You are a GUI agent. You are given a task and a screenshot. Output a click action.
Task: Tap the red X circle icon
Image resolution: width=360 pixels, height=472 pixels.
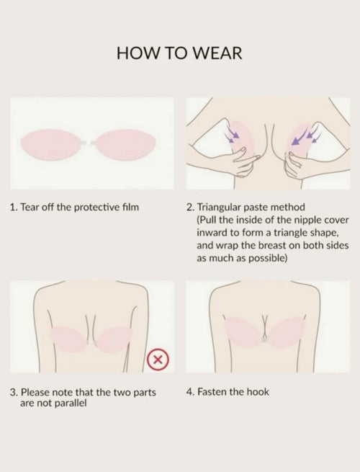pyautogui.click(x=158, y=359)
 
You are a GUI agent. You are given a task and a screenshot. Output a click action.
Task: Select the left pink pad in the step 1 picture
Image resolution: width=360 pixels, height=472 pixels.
pyautogui.click(x=51, y=145)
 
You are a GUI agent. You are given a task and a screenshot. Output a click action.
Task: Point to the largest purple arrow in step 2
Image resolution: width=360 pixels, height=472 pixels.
pyautogui.click(x=299, y=137)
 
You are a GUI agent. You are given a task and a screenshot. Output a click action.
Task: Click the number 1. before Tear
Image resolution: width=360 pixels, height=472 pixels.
pyautogui.click(x=13, y=208)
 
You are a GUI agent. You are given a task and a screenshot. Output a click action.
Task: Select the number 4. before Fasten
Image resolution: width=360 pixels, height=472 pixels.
pyautogui.click(x=190, y=392)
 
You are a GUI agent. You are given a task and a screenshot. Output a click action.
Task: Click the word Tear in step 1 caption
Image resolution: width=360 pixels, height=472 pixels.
pyautogui.click(x=30, y=208)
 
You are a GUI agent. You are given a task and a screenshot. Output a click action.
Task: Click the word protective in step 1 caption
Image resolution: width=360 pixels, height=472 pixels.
pyautogui.click(x=97, y=208)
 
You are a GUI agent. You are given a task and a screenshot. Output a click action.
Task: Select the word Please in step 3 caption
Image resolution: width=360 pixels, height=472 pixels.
pyautogui.click(x=35, y=392)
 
